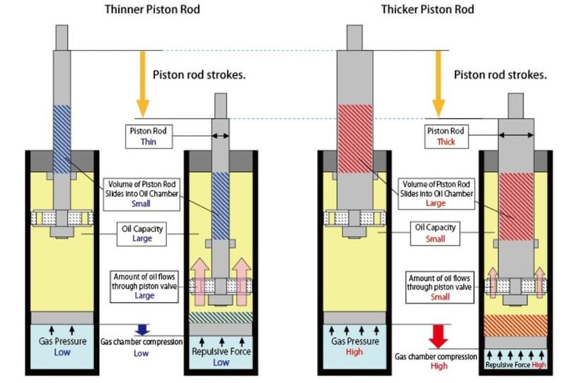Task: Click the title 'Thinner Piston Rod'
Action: pyautogui.click(x=152, y=9)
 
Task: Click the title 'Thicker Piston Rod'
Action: pyautogui.click(x=428, y=9)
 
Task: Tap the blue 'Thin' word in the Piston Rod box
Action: pyautogui.click(x=149, y=142)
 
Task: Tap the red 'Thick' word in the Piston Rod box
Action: pyautogui.click(x=446, y=142)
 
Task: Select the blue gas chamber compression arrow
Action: pyautogui.click(x=142, y=329)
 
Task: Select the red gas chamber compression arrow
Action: pyautogui.click(x=439, y=336)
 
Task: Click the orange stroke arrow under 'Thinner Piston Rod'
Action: pyautogui.click(x=143, y=84)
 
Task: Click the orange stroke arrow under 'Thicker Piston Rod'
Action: pyautogui.click(x=439, y=84)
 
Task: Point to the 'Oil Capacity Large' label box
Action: pyautogui.click(x=142, y=234)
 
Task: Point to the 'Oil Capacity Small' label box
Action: pyautogui.click(x=435, y=234)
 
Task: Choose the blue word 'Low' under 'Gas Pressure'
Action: pyautogui.click(x=62, y=353)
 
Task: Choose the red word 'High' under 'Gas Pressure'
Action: pyautogui.click(x=354, y=352)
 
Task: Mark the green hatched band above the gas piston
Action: pyautogui.click(x=221, y=317)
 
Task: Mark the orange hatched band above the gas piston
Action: pyautogui.click(x=516, y=326)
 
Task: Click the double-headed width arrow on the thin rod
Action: pyautogui.click(x=220, y=136)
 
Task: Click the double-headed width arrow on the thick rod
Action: pyautogui.click(x=516, y=135)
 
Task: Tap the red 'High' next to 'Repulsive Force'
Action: pyautogui.click(x=538, y=365)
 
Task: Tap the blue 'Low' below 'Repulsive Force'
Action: pyautogui.click(x=221, y=362)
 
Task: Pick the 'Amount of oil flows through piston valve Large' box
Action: pyautogui.click(x=144, y=287)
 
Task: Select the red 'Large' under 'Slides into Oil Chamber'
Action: pyautogui.click(x=436, y=203)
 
